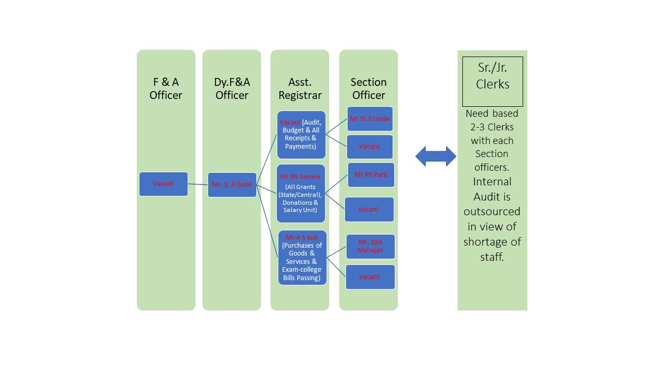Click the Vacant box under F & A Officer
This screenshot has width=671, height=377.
(163, 184)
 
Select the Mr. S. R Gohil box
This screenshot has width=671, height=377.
(232, 185)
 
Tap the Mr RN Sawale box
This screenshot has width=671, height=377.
(301, 193)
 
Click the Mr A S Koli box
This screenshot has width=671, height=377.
(302, 258)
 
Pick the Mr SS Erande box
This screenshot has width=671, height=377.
(370, 119)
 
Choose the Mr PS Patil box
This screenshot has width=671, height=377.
(371, 175)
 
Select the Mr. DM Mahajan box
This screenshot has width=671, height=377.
(370, 246)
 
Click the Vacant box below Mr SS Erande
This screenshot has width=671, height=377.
(370, 147)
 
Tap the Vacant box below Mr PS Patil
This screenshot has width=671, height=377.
(369, 209)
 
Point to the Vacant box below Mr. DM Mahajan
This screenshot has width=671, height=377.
(370, 276)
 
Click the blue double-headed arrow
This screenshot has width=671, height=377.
(436, 157)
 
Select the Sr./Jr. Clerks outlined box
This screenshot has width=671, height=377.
(492, 81)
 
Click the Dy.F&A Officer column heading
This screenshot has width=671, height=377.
(232, 88)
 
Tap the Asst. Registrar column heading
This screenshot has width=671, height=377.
(300, 88)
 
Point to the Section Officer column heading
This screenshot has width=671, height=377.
(369, 88)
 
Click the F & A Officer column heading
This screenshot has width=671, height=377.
(166, 88)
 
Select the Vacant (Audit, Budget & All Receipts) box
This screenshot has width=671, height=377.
(301, 135)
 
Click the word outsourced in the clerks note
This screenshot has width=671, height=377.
(492, 212)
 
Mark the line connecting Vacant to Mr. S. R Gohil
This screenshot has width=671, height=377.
(198, 184)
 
